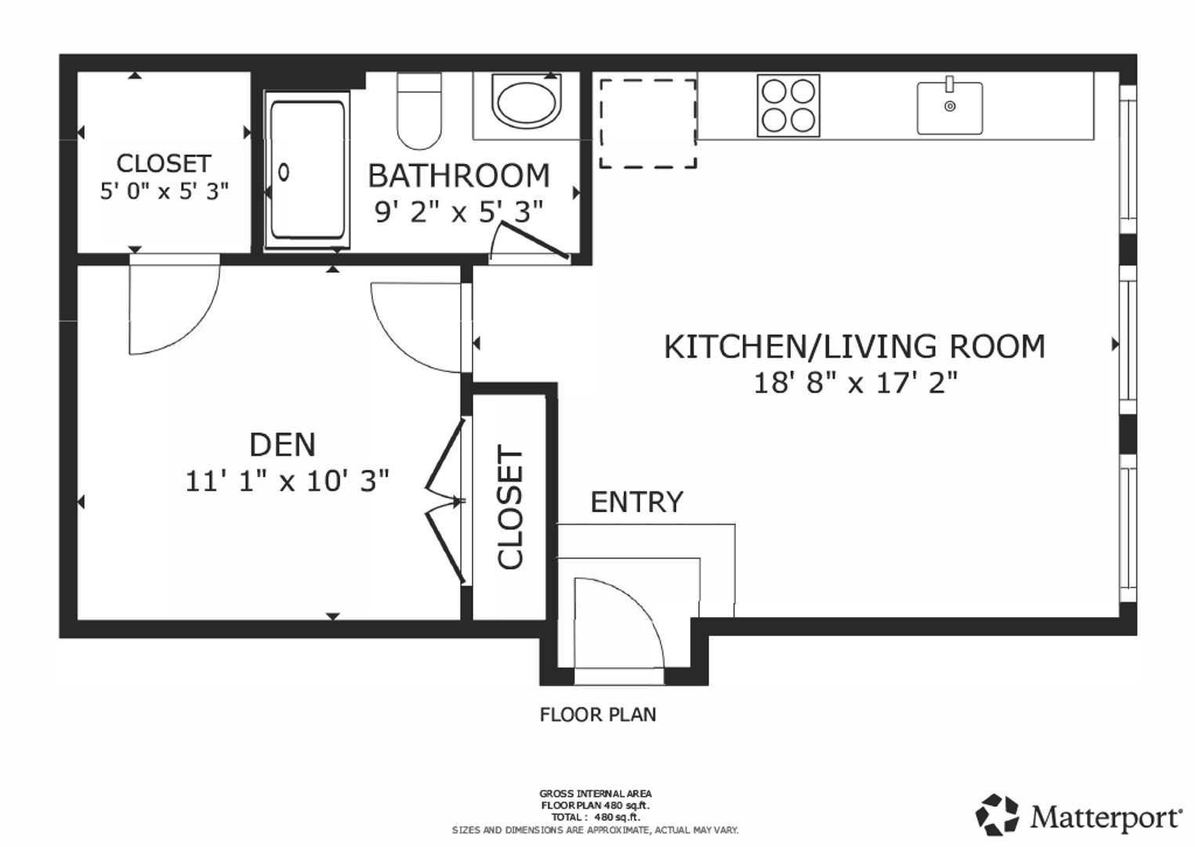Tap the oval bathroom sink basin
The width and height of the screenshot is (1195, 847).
click(x=526, y=101)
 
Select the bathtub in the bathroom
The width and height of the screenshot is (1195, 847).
click(x=307, y=170)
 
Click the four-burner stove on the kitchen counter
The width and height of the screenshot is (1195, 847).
click(x=788, y=106)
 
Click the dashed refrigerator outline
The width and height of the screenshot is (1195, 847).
click(x=648, y=124)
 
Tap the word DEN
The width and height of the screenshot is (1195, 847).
click(x=282, y=445)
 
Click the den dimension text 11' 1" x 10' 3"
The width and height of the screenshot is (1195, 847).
click(x=287, y=482)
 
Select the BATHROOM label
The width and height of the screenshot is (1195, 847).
click(x=458, y=176)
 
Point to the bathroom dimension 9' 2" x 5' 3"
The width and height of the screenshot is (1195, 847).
click(x=458, y=212)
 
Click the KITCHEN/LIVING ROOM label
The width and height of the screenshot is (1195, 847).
click(x=854, y=346)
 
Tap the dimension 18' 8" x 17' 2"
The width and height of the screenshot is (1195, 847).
click(x=856, y=383)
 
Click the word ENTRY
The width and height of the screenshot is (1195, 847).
click(x=636, y=502)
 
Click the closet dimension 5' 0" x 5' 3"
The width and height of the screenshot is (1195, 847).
click(x=165, y=191)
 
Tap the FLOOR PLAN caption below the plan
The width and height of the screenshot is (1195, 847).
click(x=597, y=714)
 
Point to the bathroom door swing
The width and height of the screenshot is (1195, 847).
click(x=528, y=242)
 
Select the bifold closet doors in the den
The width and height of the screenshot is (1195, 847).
click(x=445, y=501)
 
